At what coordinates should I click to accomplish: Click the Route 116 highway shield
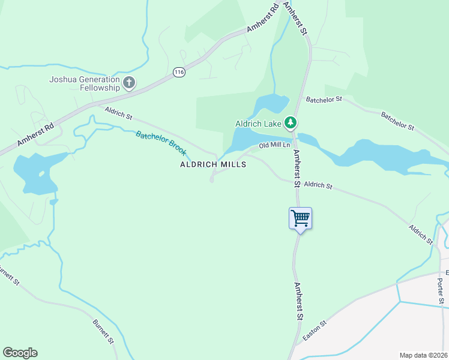click(178, 72)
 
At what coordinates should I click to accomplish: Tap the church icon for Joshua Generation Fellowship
click(128, 83)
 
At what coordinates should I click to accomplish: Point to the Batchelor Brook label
click(161, 143)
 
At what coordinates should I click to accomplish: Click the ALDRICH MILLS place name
click(213, 164)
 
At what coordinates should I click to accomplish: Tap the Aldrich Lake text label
click(258, 124)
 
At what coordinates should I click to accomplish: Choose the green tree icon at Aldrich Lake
click(291, 123)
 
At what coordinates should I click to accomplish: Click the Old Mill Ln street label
click(274, 145)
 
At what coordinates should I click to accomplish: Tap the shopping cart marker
click(300, 217)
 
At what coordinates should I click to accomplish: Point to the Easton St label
click(315, 331)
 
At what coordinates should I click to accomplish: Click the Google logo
click(20, 353)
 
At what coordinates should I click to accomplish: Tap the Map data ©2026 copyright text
click(423, 355)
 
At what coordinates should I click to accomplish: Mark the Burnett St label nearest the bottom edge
click(103, 331)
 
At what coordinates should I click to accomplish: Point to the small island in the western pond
click(41, 173)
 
